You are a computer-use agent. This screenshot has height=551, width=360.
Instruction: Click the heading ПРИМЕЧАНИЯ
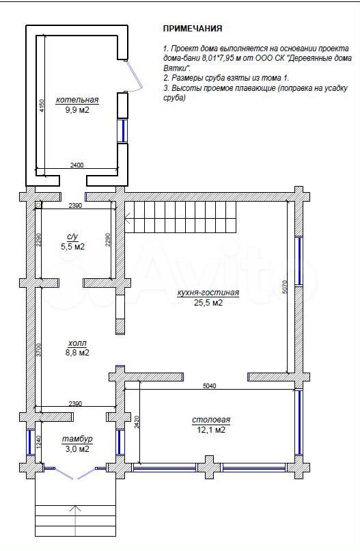coord(193,29)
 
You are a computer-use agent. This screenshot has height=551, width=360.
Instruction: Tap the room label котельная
coord(77,100)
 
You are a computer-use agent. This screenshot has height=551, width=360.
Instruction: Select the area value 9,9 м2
coord(77,110)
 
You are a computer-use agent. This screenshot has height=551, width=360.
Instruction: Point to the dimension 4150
coord(42,105)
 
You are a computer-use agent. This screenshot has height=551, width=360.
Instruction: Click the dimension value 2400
coord(77,165)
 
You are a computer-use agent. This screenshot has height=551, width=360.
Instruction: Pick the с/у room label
coord(72,237)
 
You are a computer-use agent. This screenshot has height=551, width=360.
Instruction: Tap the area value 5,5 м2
coord(72,247)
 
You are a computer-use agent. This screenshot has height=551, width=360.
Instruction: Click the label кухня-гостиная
coord(208,293)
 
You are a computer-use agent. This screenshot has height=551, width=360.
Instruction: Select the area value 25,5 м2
coord(208,303)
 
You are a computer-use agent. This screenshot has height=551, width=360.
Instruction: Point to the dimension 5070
coord(284,286)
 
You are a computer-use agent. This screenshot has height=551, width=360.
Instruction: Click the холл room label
coord(77,343)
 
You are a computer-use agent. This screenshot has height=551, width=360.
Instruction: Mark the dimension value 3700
coord(39,350)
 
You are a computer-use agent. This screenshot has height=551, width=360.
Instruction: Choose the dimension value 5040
coord(210,386)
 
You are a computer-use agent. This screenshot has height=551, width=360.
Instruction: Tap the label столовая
coord(211,420)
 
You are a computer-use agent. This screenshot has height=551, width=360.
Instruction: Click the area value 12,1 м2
coord(211,430)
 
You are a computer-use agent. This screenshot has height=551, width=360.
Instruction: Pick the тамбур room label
coord(77,439)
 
